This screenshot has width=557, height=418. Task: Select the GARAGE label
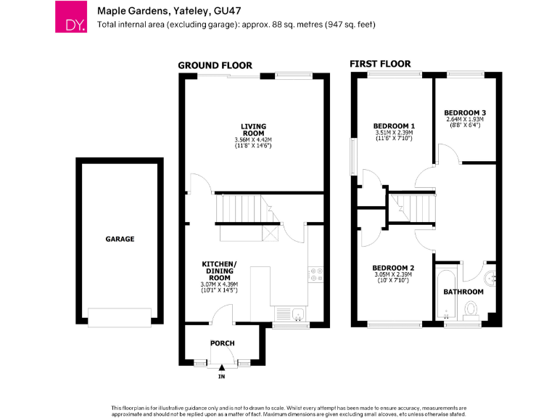(x=120, y=239)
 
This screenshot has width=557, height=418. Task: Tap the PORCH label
(x=222, y=343)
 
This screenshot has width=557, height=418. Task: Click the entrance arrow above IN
(x=222, y=368)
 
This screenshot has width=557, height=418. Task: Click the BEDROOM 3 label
(x=465, y=112)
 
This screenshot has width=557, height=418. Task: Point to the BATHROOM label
(x=463, y=292)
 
